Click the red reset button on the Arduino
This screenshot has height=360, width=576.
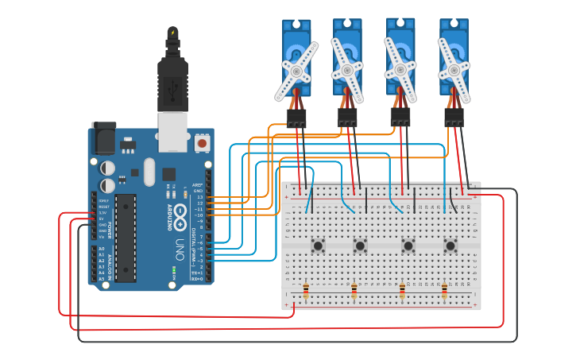pos(202,143)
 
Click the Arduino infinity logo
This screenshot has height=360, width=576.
pos(180,214)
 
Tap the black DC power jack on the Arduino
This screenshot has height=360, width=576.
pos(102,138)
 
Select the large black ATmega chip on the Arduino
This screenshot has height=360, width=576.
pos(126,236)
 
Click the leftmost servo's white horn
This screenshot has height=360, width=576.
pos(296,72)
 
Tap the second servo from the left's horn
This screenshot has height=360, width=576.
pos(347,71)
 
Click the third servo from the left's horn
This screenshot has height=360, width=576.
pos(400,70)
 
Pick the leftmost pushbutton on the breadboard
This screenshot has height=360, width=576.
pos(318,246)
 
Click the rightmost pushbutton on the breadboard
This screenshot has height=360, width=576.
pos(450,246)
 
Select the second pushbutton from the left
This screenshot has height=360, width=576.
pos(360,246)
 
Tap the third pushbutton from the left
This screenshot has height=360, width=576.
pos(408,246)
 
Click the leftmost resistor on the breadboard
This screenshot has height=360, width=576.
pos(306,292)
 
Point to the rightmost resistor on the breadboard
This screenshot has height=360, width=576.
pos(444,292)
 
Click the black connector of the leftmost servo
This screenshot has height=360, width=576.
pos(296,118)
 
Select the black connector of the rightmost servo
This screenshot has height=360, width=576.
pos(454,118)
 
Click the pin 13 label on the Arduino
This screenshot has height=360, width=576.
pos(200,197)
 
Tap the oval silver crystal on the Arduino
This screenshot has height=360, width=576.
pos(149,172)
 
